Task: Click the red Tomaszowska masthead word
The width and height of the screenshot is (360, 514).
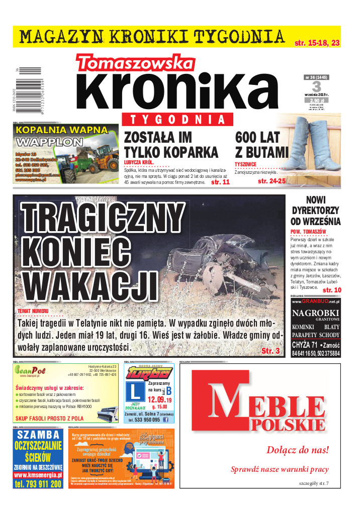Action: tap(135, 63)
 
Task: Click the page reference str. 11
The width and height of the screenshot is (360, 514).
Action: tap(220, 182)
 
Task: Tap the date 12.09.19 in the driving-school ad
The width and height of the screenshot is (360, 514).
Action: tap(160, 400)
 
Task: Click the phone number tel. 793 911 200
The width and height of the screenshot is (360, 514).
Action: tap(38, 484)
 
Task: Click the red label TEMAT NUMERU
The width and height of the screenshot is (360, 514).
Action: tap(33, 311)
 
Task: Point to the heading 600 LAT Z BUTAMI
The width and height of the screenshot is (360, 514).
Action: tap(261, 144)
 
